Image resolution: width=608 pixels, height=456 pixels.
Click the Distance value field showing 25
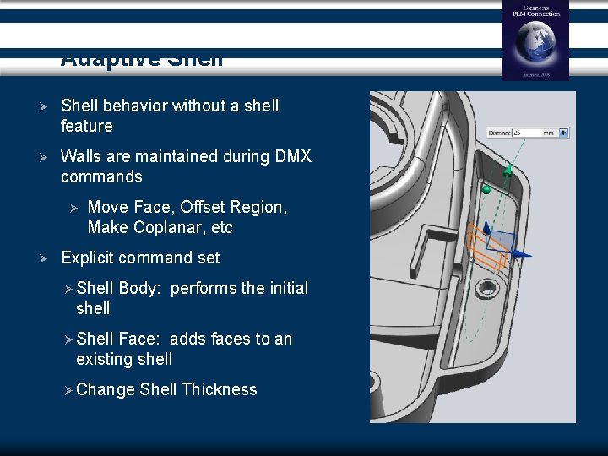pyautogui.click(x=528, y=133)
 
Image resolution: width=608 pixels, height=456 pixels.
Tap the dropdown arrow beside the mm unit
pyautogui.click(x=564, y=133)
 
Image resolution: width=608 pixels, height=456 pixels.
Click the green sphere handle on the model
pyautogui.click(x=486, y=190)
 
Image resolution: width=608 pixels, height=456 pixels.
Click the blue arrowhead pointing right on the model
pyautogui.click(x=525, y=252)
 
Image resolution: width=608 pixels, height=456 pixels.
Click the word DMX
pyautogui.click(x=290, y=156)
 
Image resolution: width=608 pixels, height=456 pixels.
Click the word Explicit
pyautogui.click(x=90, y=258)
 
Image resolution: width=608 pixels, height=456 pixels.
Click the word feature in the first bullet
pyautogui.click(x=86, y=127)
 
